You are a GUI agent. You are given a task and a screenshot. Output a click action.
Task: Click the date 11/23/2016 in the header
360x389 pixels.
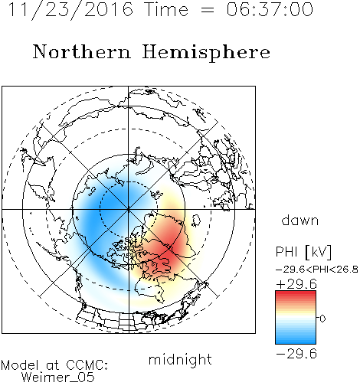pyautogui.click(x=70, y=10)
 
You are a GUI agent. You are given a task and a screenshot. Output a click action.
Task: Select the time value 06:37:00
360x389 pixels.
pyautogui.click(x=270, y=9)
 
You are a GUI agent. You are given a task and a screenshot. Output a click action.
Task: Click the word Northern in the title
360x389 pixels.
pyautogui.click(x=82, y=52)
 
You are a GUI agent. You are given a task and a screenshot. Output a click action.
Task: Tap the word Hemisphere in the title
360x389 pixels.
pyautogui.click(x=206, y=53)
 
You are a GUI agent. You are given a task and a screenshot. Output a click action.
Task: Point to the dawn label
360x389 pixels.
pyautogui.click(x=300, y=220)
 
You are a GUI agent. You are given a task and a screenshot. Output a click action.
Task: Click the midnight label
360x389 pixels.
pyautogui.click(x=180, y=360)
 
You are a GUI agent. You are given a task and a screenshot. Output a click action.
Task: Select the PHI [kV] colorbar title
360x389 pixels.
pyautogui.click(x=304, y=252)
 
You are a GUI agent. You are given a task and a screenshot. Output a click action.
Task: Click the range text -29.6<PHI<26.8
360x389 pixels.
pyautogui.click(x=317, y=270)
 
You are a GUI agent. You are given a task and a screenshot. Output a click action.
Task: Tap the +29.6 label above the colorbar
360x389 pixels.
pyautogui.click(x=296, y=284)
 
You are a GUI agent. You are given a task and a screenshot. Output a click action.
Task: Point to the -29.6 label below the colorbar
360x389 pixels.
pyautogui.click(x=296, y=354)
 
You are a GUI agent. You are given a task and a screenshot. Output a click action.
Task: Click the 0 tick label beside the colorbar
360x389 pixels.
pyautogui.click(x=322, y=319)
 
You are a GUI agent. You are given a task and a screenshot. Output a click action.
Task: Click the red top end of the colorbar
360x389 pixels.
pyautogui.click(x=296, y=293)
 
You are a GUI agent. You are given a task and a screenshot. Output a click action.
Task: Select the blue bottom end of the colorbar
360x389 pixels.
pyautogui.click(x=296, y=342)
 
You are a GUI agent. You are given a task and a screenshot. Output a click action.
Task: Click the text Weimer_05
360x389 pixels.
pyautogui.click(x=58, y=378)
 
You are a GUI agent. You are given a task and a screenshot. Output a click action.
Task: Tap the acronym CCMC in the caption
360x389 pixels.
pyautogui.click(x=87, y=365)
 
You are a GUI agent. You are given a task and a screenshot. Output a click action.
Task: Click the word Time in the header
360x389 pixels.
pyautogui.click(x=166, y=9)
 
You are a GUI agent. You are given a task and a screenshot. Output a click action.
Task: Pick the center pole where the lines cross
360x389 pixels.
pyautogui.click(x=129, y=210)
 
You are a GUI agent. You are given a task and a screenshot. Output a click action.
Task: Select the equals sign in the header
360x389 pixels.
pyautogui.click(x=208, y=10)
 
